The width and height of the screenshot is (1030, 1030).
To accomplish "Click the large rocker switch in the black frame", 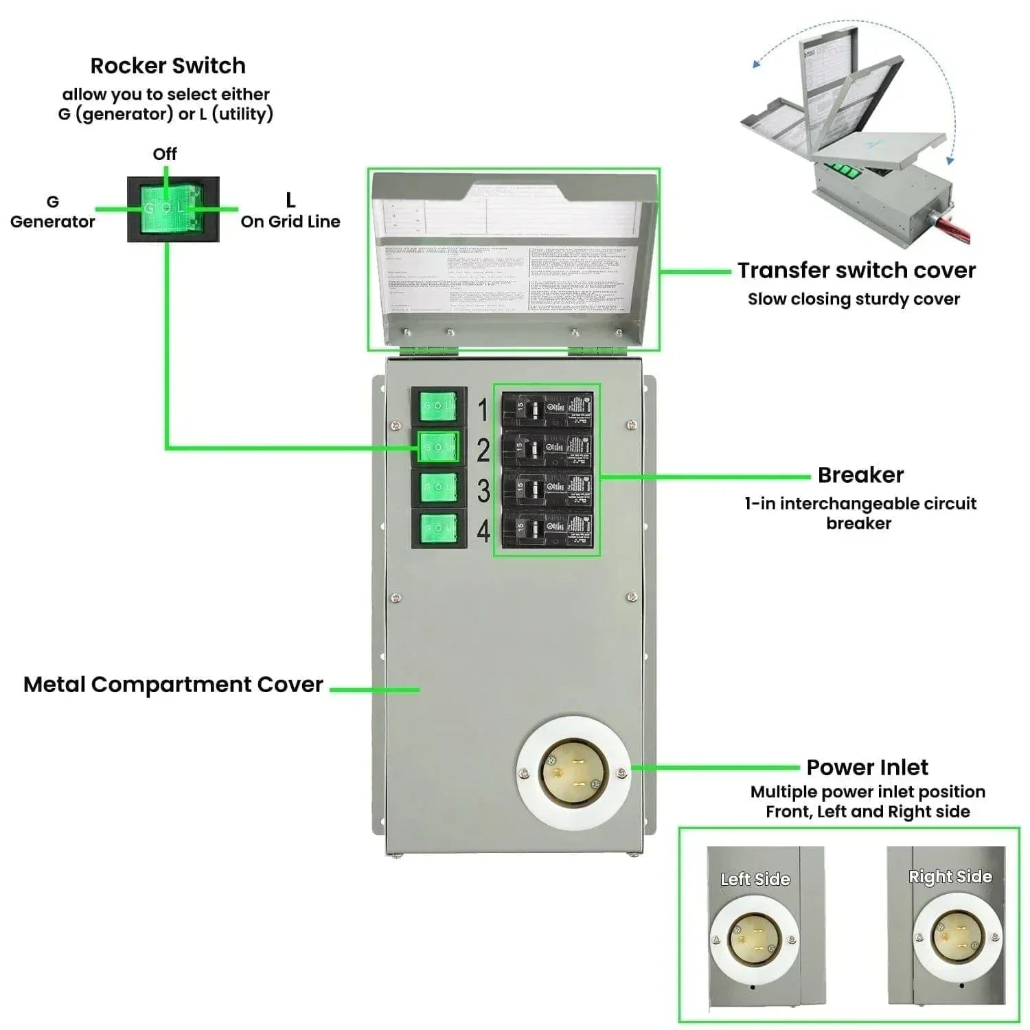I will coord(172,209).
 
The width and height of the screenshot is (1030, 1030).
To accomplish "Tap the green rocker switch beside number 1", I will coord(438,406).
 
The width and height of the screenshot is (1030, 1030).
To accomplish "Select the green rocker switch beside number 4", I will coord(438,527).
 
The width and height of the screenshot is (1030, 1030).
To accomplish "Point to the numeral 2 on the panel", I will coord(483,450).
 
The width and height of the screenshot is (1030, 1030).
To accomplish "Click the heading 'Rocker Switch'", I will coord(168,66).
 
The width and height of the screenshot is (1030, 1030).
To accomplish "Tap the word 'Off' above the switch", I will coord(165,154).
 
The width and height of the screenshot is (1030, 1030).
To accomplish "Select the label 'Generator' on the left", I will coord(52,221).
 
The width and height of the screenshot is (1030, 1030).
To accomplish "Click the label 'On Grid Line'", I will coord(290,221).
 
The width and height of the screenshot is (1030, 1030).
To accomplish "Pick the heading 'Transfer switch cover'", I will coord(856,271).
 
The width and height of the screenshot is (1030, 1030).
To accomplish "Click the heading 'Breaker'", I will coord(860,475).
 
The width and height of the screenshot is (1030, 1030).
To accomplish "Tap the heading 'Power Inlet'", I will coord(867,767).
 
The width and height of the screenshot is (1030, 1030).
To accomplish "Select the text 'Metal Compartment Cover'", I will coord(173,685).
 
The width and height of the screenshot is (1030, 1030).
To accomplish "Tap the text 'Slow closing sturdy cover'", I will coord(854,299).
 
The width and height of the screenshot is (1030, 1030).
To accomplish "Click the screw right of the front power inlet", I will coord(622,773).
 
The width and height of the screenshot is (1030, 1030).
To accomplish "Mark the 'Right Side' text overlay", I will coord(950,877).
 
